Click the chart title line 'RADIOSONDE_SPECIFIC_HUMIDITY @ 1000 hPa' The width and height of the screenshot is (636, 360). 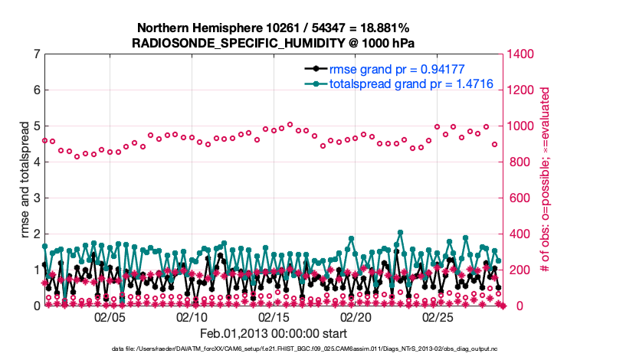point(274,42)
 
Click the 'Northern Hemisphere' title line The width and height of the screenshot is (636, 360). point(274,28)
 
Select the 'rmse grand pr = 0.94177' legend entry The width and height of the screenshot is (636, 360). point(392,68)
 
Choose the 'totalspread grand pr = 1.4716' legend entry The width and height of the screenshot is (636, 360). point(399,83)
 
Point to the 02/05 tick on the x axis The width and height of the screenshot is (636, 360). point(110,316)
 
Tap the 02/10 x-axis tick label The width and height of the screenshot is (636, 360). point(192,316)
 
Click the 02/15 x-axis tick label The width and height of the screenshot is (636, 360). point(274,316)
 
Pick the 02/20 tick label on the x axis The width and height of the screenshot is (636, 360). point(356,316)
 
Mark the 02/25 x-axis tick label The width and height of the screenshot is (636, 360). point(437,316)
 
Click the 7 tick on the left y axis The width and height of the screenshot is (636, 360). point(37,54)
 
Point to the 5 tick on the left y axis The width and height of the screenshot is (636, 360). point(37,126)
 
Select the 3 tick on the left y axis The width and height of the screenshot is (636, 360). point(37,198)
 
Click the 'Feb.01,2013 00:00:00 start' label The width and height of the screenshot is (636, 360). point(274,333)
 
